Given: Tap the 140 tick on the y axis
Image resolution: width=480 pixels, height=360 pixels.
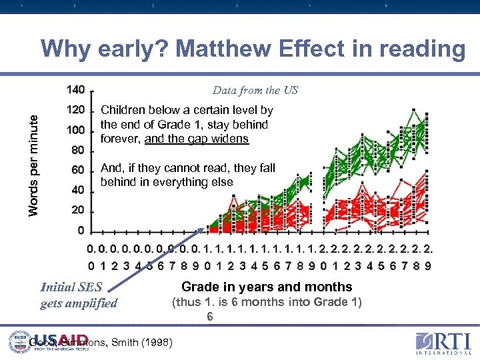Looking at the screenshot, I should pos(76,89).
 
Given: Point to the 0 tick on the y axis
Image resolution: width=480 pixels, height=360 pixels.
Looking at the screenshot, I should pos(81,231).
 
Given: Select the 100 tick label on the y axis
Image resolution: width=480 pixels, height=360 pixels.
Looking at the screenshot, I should pos(76,129).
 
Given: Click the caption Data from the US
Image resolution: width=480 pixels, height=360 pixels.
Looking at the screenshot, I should pos(255,90).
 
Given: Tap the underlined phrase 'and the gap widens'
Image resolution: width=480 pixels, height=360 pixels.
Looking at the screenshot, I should pos(196,139).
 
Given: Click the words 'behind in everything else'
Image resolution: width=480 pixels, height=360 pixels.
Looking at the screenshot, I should pos(167,182).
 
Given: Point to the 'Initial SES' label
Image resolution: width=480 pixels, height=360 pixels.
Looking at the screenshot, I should pos(71,287).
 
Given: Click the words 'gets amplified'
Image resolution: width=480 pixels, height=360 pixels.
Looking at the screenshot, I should pos(79,303).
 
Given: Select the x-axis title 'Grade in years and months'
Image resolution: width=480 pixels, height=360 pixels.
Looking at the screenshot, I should pos(267,287).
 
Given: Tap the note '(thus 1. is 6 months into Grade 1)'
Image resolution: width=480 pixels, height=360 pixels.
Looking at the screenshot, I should pos(267,302).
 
